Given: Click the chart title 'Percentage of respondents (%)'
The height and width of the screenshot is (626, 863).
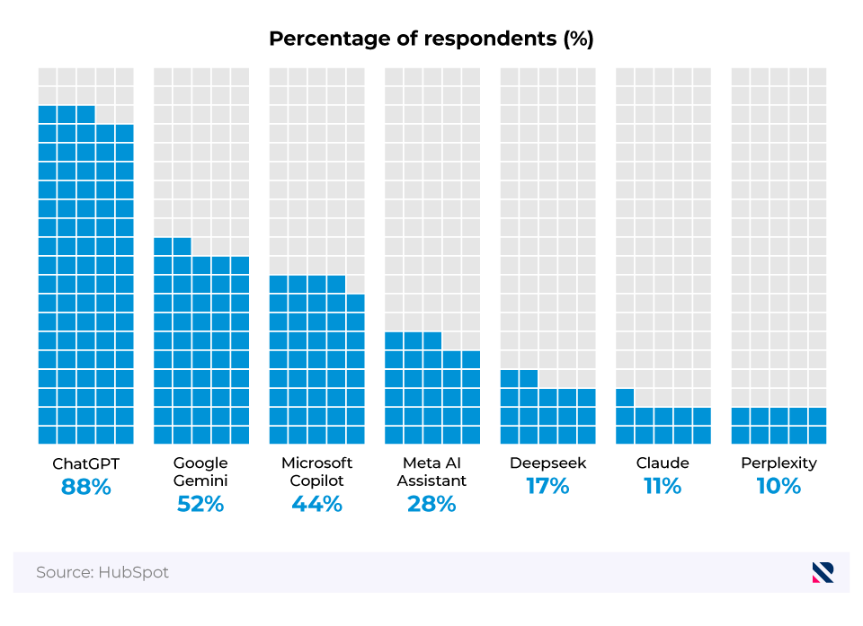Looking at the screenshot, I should [x=431, y=40].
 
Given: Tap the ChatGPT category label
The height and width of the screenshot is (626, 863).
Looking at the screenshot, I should [x=85, y=463].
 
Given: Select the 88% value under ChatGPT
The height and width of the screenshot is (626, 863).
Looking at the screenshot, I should [x=85, y=487].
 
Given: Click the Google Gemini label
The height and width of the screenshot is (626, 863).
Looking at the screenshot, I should [x=200, y=472].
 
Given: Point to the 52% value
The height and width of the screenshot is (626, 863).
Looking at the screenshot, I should [x=200, y=504].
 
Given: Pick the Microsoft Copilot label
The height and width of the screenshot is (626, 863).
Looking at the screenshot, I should [x=316, y=472].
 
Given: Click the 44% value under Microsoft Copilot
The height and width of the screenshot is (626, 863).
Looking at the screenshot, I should [x=316, y=504].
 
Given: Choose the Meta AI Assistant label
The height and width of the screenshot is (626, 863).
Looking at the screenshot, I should [x=431, y=472].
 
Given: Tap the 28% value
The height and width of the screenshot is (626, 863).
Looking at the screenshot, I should [x=431, y=504].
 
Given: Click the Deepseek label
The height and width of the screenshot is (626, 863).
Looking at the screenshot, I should [x=547, y=463].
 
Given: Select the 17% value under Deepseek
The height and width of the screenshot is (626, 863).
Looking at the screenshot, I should [x=547, y=487].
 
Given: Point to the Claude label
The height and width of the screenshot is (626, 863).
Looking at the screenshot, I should [x=663, y=463].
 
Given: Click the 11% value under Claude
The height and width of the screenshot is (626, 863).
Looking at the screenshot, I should [x=663, y=487].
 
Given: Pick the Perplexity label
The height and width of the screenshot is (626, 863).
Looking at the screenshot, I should [x=778, y=463].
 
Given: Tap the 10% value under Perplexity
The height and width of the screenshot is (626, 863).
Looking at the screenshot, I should [x=778, y=487].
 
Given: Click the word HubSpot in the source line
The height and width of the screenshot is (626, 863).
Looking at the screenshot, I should [x=136, y=572].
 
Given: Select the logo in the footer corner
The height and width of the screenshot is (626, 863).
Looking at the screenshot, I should [x=823, y=572].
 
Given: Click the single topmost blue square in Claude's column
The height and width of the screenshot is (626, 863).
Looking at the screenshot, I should [x=625, y=397].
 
